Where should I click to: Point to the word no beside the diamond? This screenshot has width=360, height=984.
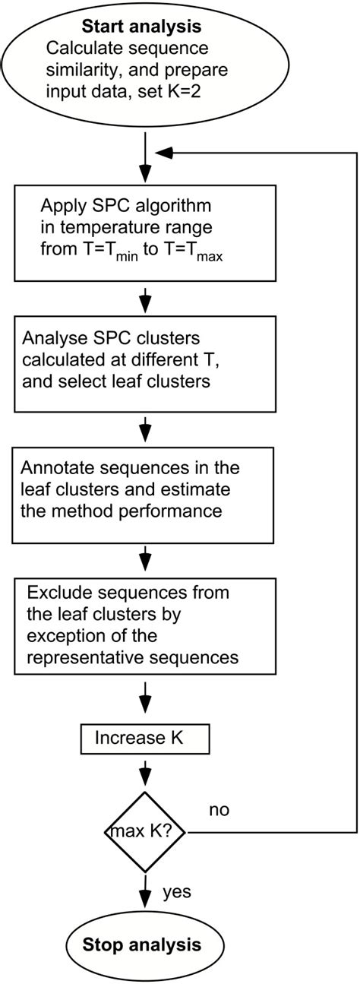219,810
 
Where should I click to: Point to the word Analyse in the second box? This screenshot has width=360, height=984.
51,337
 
